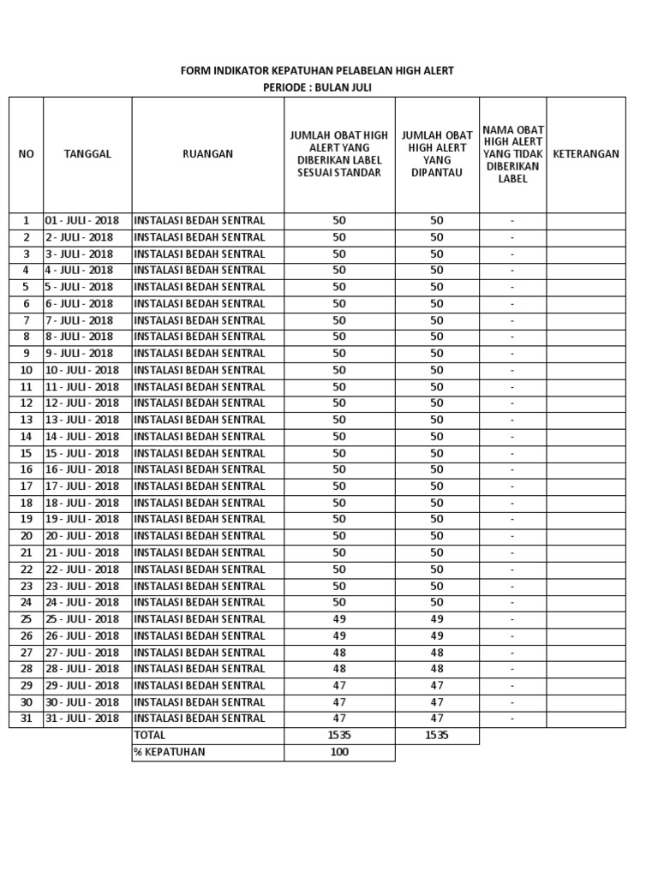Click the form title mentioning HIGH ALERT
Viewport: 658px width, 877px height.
316,70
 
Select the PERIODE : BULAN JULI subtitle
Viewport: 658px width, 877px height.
316,87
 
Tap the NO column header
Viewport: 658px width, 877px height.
26,154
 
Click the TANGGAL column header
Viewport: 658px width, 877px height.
87,154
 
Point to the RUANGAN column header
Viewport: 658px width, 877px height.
207,154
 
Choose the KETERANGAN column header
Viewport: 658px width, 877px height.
586,154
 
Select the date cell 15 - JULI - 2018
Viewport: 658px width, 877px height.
82,453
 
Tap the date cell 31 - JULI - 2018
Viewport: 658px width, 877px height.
82,719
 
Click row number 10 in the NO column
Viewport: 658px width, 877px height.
26,370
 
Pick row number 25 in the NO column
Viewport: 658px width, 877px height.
26,619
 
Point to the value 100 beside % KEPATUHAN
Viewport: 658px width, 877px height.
339,752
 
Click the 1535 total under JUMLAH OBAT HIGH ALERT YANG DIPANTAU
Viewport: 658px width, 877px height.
437,736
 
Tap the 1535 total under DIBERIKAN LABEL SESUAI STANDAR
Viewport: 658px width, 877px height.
339,736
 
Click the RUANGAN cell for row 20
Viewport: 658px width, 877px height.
207,536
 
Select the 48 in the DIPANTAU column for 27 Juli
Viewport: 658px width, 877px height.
437,653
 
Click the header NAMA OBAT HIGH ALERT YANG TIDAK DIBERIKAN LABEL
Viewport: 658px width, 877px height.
512,154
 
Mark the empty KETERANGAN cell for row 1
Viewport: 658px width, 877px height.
586,221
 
